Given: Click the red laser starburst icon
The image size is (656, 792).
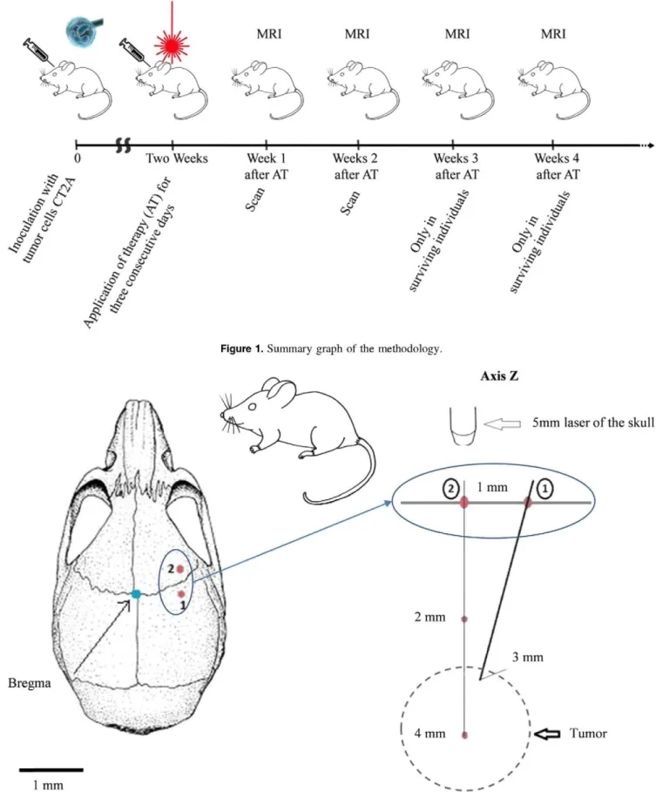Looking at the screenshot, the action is coord(172,44).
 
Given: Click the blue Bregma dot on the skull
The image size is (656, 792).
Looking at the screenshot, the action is coord(136,594).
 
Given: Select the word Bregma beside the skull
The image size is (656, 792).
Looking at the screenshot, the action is coord(30,683).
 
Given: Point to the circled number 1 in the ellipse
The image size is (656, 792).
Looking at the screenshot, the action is coord(544,489).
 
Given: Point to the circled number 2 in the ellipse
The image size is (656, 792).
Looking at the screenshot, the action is coord(450,489).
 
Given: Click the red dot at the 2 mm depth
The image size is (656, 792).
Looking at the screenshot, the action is coord(464,619).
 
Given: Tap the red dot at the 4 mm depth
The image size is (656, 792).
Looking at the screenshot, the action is coord(464,734).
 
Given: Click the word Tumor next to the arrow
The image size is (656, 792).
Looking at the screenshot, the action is coord(588,734).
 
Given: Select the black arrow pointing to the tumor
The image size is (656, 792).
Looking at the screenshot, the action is coord(547,734).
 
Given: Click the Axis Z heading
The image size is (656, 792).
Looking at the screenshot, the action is coord(499,376).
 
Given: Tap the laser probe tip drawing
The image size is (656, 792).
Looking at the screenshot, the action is coord(463,427).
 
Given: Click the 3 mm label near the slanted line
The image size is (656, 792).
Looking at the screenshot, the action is coord(528,657).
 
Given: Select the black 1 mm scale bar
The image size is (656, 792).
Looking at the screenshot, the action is coord(51,769).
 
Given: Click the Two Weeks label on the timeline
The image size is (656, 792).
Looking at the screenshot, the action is coord(177,158).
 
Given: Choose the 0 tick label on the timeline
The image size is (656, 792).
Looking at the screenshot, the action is coord(78,158).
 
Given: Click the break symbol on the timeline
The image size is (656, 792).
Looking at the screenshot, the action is coord(123,146).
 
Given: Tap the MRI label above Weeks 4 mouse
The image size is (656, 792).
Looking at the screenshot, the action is coord(553,34).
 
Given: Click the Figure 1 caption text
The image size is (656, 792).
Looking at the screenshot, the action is coord(331,349).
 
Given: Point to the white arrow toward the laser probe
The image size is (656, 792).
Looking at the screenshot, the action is coord(503,424).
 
